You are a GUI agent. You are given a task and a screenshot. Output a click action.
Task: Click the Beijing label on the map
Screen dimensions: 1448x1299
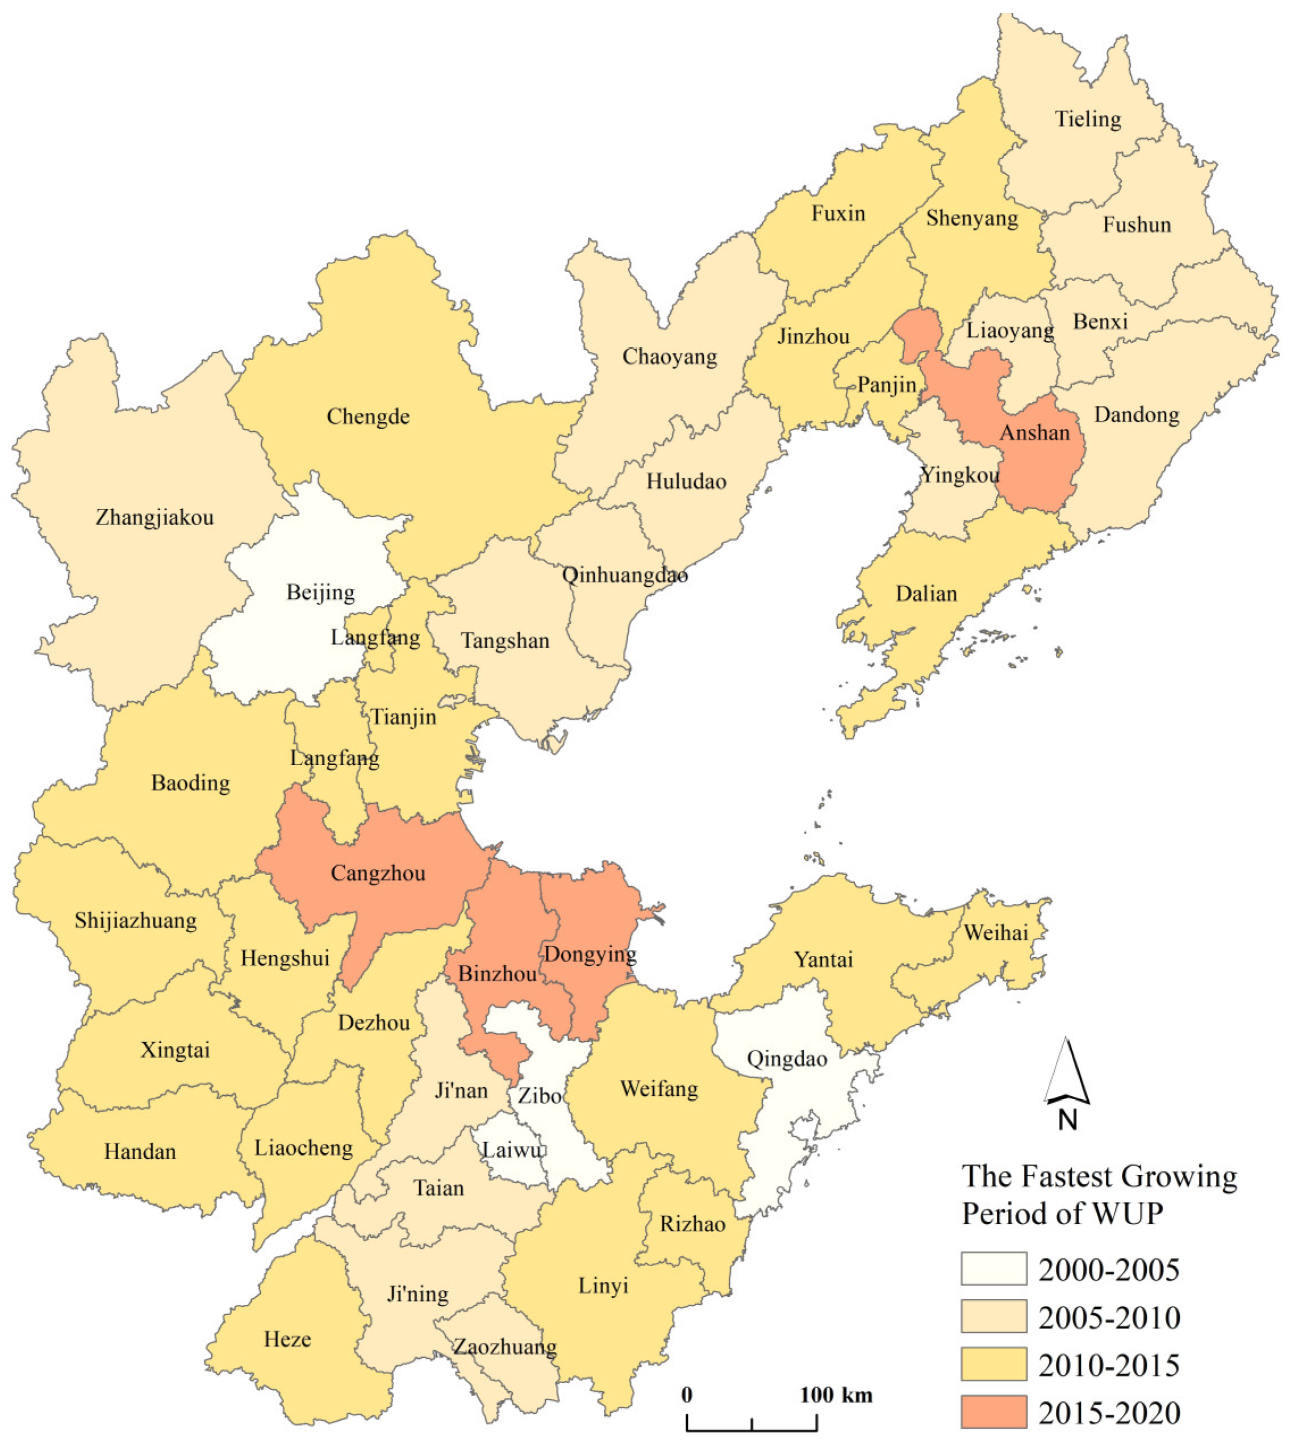(x=320, y=592)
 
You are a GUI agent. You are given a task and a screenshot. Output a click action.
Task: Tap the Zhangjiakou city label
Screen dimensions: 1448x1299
(x=155, y=518)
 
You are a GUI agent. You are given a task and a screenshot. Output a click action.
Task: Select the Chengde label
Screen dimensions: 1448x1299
(x=368, y=417)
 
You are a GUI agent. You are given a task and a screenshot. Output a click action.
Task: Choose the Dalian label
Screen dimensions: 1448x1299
(x=926, y=594)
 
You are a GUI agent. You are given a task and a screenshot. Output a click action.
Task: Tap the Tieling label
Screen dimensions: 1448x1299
(x=1088, y=119)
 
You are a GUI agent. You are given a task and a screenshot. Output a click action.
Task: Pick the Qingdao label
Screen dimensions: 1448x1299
(x=787, y=1059)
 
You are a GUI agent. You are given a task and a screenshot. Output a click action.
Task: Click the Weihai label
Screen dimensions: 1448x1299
(x=996, y=933)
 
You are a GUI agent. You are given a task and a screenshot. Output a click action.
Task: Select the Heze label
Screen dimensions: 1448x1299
(x=287, y=1339)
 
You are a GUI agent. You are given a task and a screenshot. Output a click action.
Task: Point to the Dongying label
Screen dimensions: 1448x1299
(x=590, y=955)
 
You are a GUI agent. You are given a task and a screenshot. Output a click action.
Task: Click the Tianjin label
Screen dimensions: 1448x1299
(x=403, y=716)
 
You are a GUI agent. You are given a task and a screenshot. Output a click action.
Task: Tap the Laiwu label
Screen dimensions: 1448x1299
(x=512, y=1150)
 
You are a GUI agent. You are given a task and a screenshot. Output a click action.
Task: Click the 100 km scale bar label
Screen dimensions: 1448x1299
(x=836, y=1395)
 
